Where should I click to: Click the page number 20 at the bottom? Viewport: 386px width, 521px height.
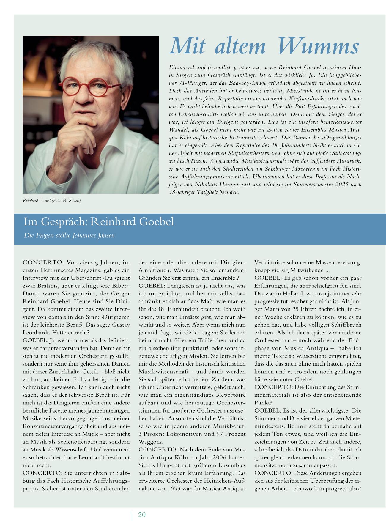(142, 514)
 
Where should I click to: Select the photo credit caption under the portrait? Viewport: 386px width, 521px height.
(52, 201)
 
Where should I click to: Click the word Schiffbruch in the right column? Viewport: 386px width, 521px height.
(345, 325)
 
